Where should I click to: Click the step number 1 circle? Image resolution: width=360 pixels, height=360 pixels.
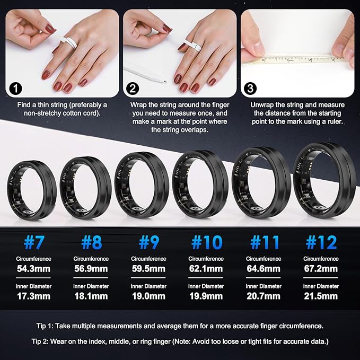click(15, 89)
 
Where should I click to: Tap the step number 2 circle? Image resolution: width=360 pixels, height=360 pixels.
click(133, 89)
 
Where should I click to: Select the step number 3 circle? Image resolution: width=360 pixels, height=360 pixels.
click(250, 89)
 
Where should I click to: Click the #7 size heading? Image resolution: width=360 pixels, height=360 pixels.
click(33, 242)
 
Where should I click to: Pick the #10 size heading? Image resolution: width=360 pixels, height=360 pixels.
click(207, 242)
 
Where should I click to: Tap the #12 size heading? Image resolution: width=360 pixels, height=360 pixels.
click(321, 242)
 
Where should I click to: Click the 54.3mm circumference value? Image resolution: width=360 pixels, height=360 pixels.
click(33, 269)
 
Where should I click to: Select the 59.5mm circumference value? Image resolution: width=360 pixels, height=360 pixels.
click(148, 269)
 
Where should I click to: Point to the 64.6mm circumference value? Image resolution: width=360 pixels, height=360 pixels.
click(264, 269)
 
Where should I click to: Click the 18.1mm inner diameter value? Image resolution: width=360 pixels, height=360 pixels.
click(91, 296)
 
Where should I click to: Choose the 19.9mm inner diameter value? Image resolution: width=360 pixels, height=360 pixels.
click(206, 296)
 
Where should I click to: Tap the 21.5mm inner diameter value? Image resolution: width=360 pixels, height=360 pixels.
click(321, 296)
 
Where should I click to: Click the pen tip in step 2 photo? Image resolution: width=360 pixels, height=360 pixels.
click(165, 81)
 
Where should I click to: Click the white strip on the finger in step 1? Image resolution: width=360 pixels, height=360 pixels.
click(68, 43)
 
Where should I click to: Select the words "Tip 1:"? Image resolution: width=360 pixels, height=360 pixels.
click(45, 326)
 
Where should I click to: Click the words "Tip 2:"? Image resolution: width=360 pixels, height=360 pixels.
click(40, 341)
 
